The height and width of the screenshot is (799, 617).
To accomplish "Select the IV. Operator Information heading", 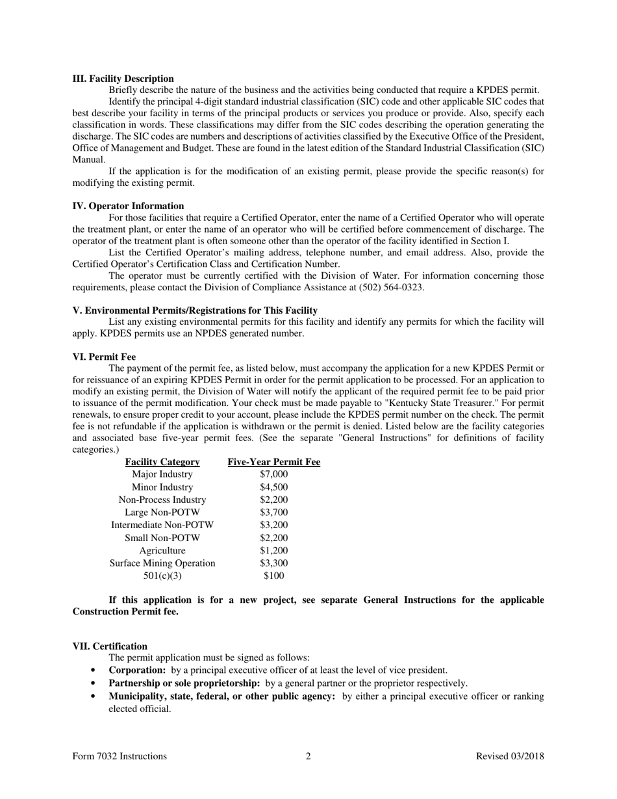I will [128, 206].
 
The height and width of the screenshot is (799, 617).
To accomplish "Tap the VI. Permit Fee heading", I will [104, 357].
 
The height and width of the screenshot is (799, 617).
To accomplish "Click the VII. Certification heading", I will [110, 646].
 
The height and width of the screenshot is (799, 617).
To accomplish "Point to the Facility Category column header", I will [162, 463].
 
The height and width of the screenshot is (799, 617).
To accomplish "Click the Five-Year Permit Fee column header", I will [273, 463].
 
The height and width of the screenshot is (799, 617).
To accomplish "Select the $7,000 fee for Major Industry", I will [273, 475].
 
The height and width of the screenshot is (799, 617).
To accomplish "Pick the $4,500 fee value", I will [273, 487].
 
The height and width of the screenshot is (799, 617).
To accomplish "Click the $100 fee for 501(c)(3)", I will [273, 576].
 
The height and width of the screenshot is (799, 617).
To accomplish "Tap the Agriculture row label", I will [162, 551].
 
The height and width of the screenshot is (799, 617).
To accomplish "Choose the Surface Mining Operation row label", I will [162, 563].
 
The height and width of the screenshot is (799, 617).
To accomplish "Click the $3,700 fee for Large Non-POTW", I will [273, 513].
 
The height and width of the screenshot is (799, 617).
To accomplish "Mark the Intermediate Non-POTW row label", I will [162, 525].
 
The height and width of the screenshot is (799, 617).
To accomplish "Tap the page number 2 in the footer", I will [308, 756].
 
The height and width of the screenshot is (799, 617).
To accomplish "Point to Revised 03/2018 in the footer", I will [510, 756].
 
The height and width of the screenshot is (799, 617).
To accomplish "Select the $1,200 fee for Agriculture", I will [273, 551].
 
